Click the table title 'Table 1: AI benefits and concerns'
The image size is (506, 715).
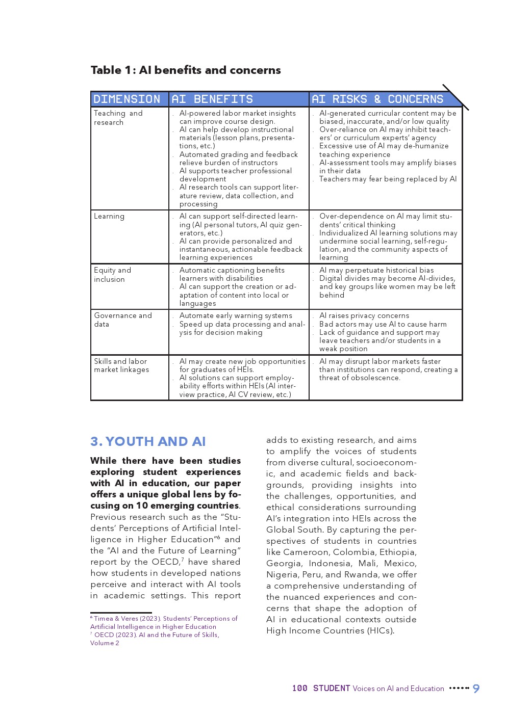tap(186, 70)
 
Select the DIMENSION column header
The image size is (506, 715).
tap(127, 99)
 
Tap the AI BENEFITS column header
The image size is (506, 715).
tap(212, 99)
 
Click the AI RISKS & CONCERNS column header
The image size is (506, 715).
tap(377, 99)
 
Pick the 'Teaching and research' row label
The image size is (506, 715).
tap(118, 118)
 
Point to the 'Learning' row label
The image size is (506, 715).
tap(109, 216)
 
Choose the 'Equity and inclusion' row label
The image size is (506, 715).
tap(112, 275)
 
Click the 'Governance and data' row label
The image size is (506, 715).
tap(123, 320)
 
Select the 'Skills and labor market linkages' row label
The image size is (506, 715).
tap(121, 365)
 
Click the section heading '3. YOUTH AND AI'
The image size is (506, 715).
tap(148, 441)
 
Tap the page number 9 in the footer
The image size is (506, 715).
tap(476, 689)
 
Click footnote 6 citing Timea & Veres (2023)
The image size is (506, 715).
tap(164, 622)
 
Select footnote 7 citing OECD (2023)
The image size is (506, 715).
tap(155, 639)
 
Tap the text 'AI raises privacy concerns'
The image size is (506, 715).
tap(364, 316)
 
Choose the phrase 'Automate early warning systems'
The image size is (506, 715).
tap(236, 316)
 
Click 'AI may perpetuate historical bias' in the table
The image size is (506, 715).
tap(376, 270)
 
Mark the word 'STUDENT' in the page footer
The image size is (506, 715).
tap(332, 688)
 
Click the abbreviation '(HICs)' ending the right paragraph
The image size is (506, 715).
tap(381, 631)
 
